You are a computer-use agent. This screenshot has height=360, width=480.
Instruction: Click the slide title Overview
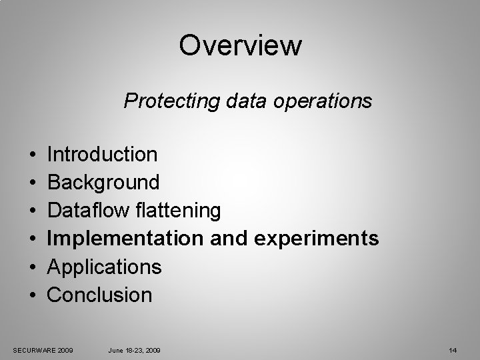tap(240, 46)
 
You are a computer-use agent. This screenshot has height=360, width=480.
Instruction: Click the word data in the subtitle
tap(235, 101)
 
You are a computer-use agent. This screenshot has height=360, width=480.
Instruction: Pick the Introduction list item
tap(103, 155)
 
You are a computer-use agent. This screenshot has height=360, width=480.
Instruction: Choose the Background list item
tap(103, 182)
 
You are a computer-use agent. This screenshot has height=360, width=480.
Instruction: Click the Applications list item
tap(105, 267)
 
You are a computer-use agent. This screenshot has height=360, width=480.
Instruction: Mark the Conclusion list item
tap(100, 295)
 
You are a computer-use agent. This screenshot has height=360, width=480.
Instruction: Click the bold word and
tap(233, 239)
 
